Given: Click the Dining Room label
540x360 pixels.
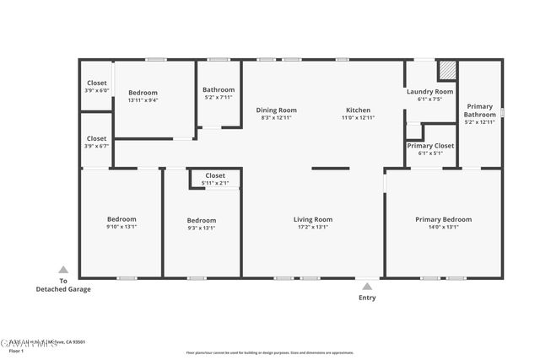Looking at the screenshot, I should pyautogui.click(x=277, y=110).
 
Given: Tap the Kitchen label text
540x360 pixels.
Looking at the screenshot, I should pyautogui.click(x=358, y=110).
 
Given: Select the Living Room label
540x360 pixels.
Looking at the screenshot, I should pyautogui.click(x=312, y=219).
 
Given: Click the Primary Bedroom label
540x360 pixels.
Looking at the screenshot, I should pyautogui.click(x=443, y=219).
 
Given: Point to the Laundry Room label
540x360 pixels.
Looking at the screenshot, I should pyautogui.click(x=429, y=91).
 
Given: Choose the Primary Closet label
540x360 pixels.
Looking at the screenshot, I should pyautogui.click(x=430, y=146).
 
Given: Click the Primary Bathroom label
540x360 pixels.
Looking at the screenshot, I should pyautogui.click(x=480, y=110).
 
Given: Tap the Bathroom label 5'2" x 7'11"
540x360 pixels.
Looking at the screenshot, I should pyautogui.click(x=219, y=90).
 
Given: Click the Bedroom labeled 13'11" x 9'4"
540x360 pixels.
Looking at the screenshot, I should pyautogui.click(x=143, y=93).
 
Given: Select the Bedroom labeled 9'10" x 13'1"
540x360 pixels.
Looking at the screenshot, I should pyautogui.click(x=121, y=219).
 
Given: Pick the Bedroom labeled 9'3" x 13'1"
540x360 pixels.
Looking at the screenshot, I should pyautogui.click(x=201, y=220).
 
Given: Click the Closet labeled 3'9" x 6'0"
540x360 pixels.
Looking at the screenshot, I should pyautogui.click(x=96, y=83).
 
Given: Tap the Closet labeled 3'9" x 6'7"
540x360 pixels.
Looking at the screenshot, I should pyautogui.click(x=96, y=138).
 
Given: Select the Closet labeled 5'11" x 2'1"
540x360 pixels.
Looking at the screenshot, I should pyautogui.click(x=215, y=175).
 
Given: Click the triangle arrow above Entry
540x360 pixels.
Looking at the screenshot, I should pyautogui.click(x=367, y=287).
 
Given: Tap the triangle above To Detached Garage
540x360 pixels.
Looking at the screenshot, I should pyautogui.click(x=62, y=270).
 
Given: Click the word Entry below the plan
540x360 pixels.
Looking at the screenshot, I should pyautogui.click(x=367, y=298).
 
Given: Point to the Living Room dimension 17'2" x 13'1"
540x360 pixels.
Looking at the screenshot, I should pyautogui.click(x=312, y=226).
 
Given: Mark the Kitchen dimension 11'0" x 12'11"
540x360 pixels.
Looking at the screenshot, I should pyautogui.click(x=358, y=118).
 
